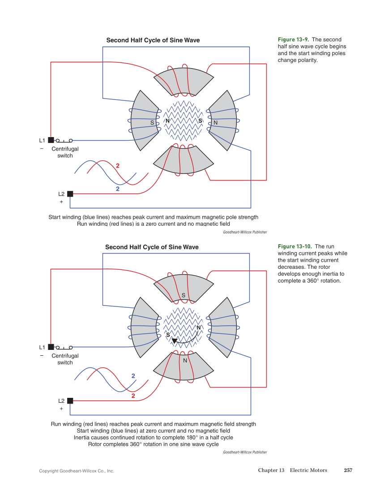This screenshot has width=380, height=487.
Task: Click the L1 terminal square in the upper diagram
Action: [x=51, y=140]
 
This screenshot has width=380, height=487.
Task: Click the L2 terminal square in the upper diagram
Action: [x=70, y=194]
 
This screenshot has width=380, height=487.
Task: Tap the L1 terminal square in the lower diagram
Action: [x=51, y=347]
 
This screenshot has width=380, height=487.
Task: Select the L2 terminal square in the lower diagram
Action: [x=70, y=401]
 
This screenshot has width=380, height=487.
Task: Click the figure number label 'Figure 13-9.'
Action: [x=293, y=40]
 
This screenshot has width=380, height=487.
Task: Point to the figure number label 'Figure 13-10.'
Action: [x=295, y=247]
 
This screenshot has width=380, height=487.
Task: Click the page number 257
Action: [x=348, y=470]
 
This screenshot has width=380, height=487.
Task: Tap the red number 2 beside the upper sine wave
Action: [x=118, y=166]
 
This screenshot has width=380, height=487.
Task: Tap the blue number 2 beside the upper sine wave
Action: [x=118, y=189]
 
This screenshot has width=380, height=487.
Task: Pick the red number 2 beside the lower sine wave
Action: [x=133, y=396]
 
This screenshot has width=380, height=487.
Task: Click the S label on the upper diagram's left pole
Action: [x=152, y=123]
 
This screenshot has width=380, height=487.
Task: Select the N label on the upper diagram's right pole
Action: [x=215, y=123]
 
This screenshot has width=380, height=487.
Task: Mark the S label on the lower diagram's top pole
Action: [x=184, y=295]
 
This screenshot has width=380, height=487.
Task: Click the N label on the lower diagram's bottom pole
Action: [x=184, y=361]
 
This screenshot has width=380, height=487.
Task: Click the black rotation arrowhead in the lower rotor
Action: [x=175, y=341]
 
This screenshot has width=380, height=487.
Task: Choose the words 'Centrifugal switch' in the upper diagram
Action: [x=65, y=152]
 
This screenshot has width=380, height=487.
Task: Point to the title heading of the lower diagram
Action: [x=152, y=247]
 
